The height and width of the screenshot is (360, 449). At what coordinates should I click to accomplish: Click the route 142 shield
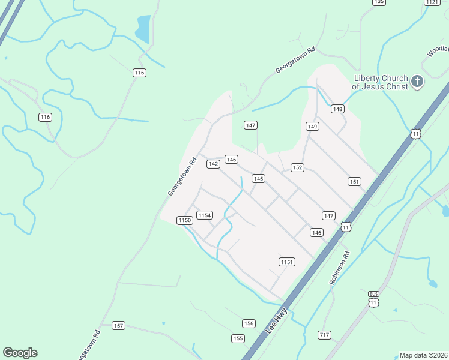coord(213,164)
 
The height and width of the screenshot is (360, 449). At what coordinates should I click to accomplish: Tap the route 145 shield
coord(258,179)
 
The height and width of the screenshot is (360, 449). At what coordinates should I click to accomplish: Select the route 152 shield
coord(297,167)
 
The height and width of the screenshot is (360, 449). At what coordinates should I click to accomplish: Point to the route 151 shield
coord(354,182)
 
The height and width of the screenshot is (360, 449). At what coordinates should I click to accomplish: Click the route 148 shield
coord(337,109)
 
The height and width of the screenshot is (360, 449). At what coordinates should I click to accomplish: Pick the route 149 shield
coord(312,126)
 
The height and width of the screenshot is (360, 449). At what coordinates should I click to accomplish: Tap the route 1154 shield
coord(205,215)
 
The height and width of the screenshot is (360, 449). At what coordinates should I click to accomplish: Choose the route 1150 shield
coord(184,221)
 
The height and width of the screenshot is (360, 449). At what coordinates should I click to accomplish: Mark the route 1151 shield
coord(286,262)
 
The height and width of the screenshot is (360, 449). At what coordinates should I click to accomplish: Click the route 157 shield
coord(118,326)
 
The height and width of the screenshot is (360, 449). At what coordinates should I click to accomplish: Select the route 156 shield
coord(249,323)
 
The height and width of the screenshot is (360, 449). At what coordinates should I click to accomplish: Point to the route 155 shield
coord(238,338)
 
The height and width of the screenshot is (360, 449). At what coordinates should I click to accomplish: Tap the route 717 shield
coord(325,335)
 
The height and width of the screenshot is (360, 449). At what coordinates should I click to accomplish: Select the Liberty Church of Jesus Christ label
coord(381,82)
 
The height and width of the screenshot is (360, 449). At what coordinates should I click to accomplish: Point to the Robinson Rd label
coord(339,268)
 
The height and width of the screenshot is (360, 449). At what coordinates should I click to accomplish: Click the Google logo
coord(20,353)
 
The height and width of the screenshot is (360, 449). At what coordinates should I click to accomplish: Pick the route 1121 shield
coord(432,2)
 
